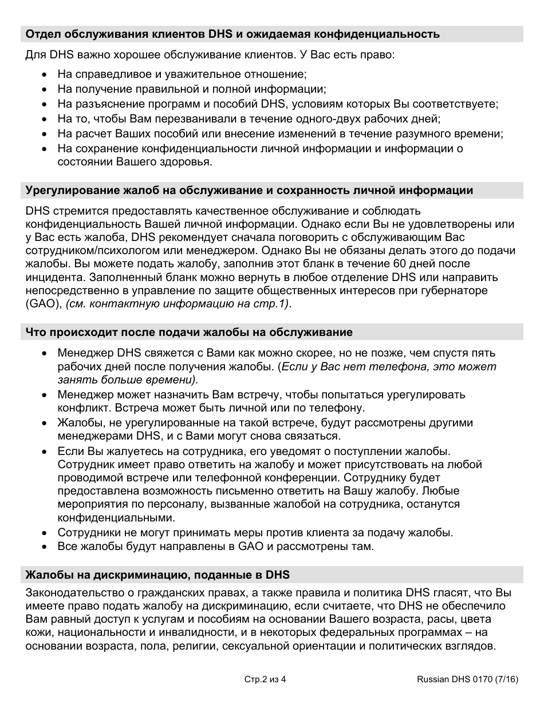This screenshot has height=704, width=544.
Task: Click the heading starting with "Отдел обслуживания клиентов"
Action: [x=232, y=34]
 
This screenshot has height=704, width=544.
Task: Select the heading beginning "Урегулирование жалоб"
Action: [x=250, y=191]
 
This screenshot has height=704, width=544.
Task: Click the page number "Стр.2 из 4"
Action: [x=265, y=680]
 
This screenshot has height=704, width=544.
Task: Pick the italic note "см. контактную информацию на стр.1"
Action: [x=178, y=304]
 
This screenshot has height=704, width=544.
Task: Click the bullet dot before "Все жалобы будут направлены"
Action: [x=45, y=547]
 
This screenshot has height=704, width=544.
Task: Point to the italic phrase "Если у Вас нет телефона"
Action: [x=349, y=366]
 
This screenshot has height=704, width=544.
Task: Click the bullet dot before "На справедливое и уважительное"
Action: [x=45, y=75]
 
